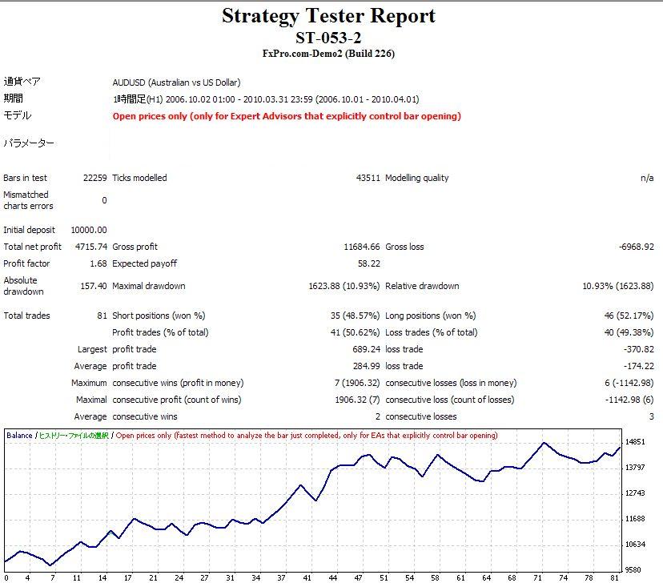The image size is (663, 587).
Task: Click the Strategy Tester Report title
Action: point(328,15)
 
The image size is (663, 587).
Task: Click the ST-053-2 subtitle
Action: point(328,37)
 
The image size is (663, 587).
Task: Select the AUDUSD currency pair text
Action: point(176,82)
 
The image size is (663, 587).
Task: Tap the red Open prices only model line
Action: point(287,116)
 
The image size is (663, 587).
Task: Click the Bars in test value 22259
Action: point(94,178)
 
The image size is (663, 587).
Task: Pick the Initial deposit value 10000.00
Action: point(88,230)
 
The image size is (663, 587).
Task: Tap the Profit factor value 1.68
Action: point(98,263)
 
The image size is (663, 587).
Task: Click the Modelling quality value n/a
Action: point(647,178)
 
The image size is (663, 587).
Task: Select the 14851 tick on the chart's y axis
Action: point(635,442)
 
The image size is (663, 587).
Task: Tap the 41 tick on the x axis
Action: point(307,577)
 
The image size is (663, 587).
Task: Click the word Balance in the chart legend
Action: point(19,436)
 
